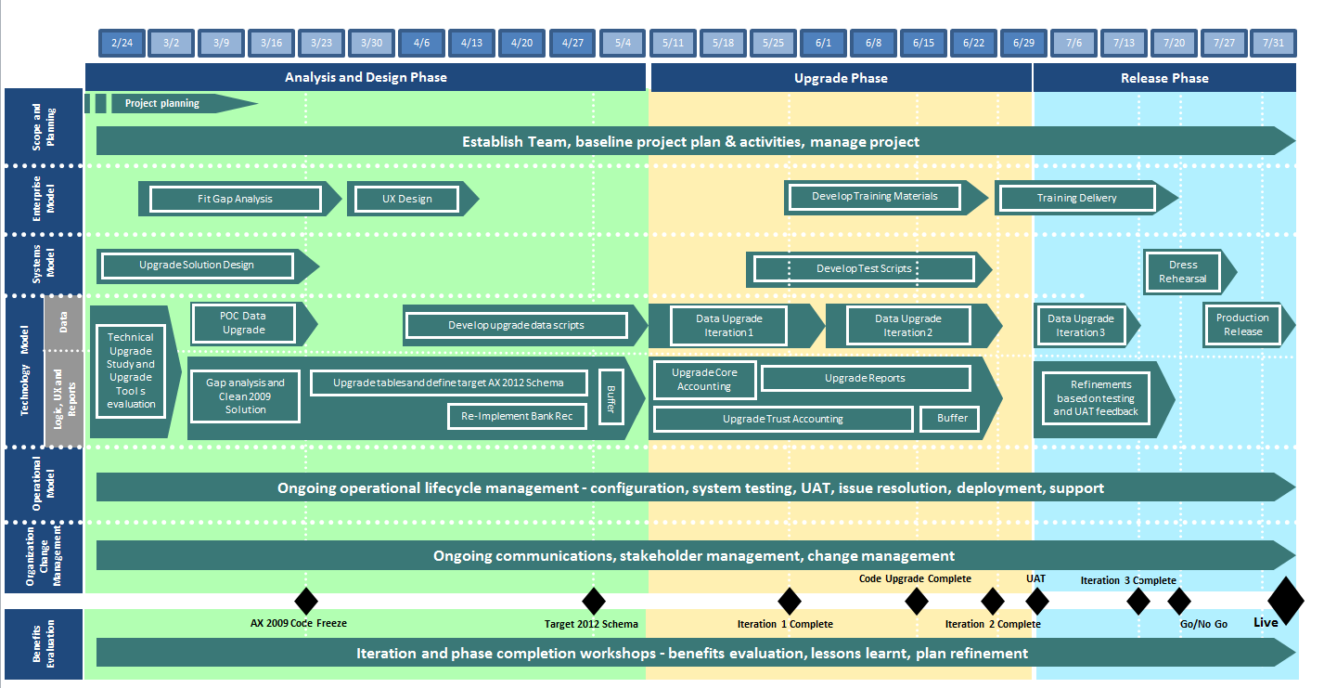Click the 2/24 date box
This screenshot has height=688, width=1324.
(x=121, y=43)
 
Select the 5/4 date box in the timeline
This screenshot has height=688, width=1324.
(x=622, y=43)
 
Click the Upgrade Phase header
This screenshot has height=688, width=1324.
(x=841, y=78)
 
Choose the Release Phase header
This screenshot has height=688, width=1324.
(x=1164, y=78)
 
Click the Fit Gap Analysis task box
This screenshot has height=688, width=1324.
(x=235, y=199)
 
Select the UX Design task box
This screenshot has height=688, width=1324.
(x=406, y=199)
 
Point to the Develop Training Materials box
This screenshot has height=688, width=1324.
(x=875, y=197)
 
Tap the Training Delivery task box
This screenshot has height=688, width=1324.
(x=1076, y=198)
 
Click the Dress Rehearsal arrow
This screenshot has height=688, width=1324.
(x=1185, y=272)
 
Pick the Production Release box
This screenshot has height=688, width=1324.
(x=1242, y=325)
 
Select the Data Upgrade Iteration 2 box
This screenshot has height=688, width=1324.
(x=907, y=326)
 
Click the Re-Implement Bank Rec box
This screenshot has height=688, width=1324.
(x=517, y=417)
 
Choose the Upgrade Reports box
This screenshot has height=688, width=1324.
(x=865, y=379)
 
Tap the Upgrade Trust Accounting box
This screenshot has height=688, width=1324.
(x=783, y=420)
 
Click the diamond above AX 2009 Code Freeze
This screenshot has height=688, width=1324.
(x=305, y=601)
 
